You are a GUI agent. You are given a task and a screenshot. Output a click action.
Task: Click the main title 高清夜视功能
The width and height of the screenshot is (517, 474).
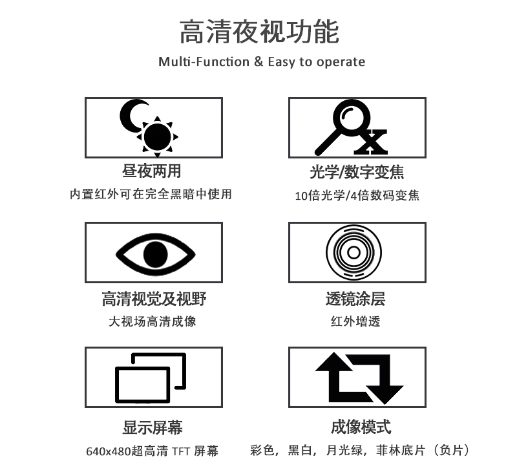[x=259, y=32]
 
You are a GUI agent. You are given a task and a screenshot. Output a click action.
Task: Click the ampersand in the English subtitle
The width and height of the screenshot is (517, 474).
[x=258, y=61]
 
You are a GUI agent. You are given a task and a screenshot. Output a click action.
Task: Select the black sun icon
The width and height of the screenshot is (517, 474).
[x=158, y=137]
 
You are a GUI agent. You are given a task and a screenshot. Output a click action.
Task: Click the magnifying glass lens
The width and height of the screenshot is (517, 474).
[x=352, y=116]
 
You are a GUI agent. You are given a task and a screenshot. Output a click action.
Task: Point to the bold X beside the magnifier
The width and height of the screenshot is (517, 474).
[x=370, y=142]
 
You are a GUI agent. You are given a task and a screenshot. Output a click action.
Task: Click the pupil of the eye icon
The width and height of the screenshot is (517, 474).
[x=156, y=254]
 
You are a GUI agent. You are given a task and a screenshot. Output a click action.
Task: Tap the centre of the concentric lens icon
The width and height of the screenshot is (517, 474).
[x=353, y=253]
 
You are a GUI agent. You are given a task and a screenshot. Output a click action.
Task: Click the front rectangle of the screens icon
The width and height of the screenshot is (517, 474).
[x=142, y=385]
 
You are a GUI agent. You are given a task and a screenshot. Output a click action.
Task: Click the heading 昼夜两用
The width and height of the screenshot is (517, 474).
[x=152, y=171]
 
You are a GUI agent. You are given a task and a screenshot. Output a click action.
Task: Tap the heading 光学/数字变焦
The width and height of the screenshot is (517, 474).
[x=357, y=172]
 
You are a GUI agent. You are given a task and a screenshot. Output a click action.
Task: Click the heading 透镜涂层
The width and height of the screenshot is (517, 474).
[x=355, y=299]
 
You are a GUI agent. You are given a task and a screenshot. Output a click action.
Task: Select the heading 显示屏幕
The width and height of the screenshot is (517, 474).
[x=153, y=427]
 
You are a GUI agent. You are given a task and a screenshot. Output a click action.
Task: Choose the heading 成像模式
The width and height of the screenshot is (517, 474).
[x=361, y=427]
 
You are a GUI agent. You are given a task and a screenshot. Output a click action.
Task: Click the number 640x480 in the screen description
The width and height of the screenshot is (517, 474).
[x=109, y=451]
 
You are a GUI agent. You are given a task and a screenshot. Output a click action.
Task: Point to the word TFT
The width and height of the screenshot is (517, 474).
[x=180, y=451]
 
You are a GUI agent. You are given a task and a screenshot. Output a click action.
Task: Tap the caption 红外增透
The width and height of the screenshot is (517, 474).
[x=355, y=321]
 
